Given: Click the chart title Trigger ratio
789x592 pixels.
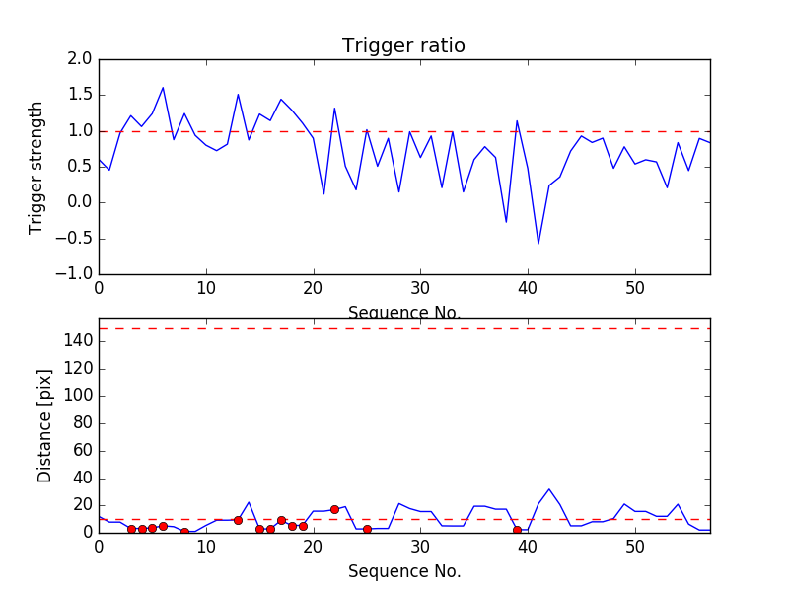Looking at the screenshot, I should [403, 46].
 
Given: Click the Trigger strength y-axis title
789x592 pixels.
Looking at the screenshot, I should [36, 167].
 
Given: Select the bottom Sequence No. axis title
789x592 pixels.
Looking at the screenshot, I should [403, 571].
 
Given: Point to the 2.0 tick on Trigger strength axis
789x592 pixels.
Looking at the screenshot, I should [80, 59].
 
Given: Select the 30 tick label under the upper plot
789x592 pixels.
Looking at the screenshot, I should [420, 289].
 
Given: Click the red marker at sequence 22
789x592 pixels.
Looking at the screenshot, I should [334, 509].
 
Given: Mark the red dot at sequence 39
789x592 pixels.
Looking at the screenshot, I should [517, 530].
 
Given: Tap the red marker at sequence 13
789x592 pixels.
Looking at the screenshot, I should [238, 520].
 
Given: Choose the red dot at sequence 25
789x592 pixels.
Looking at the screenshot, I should [367, 529].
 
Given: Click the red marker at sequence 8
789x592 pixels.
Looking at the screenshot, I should [184, 532].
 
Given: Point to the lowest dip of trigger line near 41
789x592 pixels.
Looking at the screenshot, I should [538, 244].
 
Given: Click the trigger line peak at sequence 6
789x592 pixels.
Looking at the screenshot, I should [163, 88].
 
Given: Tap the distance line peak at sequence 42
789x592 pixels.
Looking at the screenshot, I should [549, 489].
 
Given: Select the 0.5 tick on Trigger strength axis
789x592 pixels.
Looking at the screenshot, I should [80, 167].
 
